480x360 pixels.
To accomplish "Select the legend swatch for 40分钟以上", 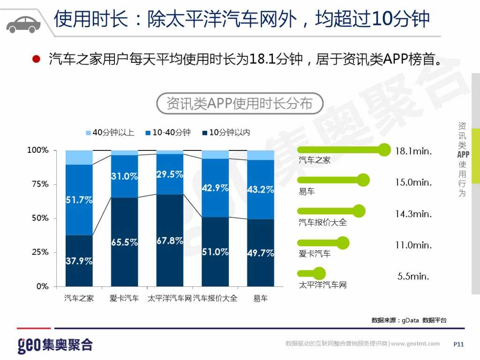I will [x=88, y=133].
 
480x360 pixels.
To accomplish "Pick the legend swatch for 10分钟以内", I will [x=204, y=133].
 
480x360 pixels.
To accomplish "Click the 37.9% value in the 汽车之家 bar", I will [x=79, y=261].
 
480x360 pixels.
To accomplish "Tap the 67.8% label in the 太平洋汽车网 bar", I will [x=170, y=241].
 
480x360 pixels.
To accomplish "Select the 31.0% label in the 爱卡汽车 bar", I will [x=124, y=177].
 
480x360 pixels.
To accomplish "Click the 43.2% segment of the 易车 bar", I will [x=261, y=189].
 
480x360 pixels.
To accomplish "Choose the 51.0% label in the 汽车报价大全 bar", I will [x=215, y=252].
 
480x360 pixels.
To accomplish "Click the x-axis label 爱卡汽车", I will [x=124, y=298].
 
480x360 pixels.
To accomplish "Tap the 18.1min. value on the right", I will [x=413, y=151].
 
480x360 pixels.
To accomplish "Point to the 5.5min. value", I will [x=413, y=277].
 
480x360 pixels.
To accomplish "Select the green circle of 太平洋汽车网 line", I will [x=319, y=273].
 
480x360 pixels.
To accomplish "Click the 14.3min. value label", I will [x=413, y=214].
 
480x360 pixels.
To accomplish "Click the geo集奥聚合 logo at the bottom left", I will [x=55, y=345].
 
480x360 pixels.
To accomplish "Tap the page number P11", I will [x=458, y=345].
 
